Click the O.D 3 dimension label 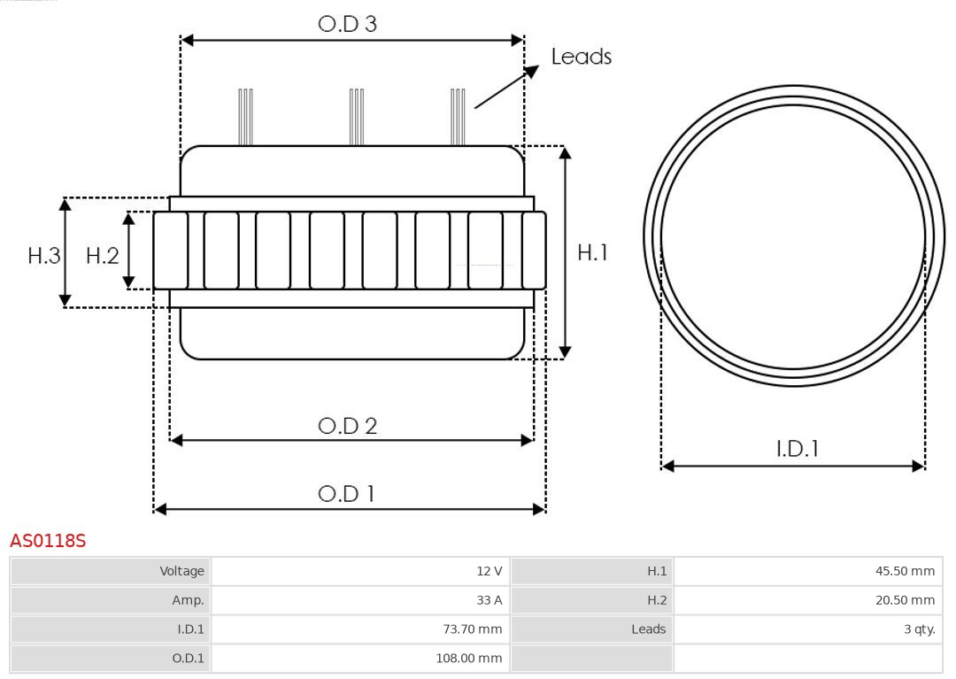(347, 24)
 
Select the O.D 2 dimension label (347, 426)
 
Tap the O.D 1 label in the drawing (346, 493)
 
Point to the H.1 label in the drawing (592, 252)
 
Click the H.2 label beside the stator (102, 256)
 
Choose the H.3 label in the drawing (44, 256)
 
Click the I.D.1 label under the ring (797, 449)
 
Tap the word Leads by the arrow (581, 57)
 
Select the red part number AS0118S (48, 540)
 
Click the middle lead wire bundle (357, 117)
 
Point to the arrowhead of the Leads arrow (533, 70)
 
